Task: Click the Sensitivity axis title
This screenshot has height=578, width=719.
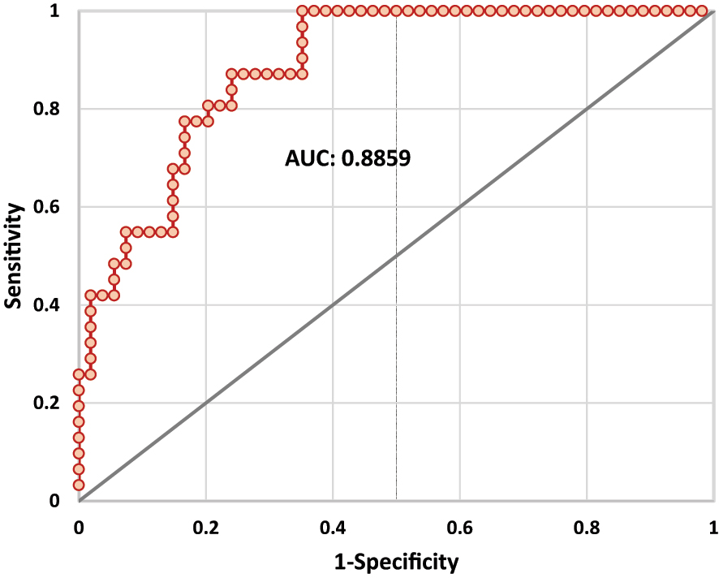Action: pyautogui.click(x=12, y=256)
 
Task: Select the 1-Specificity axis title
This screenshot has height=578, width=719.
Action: pyautogui.click(x=396, y=561)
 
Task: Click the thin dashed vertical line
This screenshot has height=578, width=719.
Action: pyautogui.click(x=396, y=325)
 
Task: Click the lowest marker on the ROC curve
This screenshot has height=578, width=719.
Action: pyautogui.click(x=79, y=485)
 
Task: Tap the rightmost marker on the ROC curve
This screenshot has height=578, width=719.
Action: pyautogui.click(x=701, y=11)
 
